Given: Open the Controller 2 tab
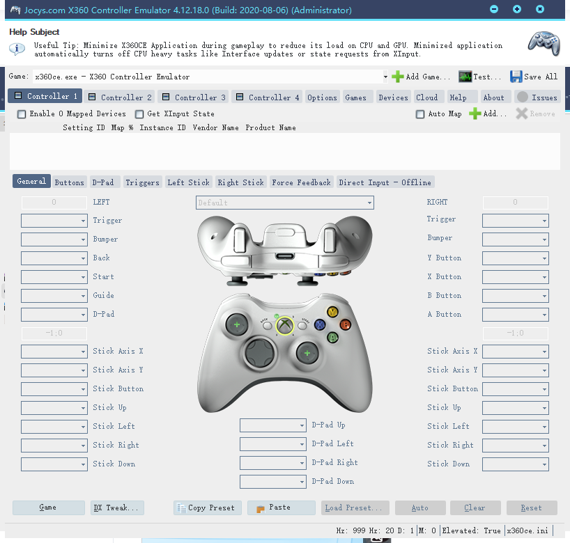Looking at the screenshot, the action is point(121,97).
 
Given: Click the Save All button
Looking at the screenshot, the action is point(534,77).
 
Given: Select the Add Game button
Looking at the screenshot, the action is point(421,77).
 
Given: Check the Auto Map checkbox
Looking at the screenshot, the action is point(420,114).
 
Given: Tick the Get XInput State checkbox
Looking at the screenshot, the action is point(139,114).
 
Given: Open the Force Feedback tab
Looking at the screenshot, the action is point(301,182).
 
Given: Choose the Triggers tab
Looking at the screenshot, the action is point(142,182).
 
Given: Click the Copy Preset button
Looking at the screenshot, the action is point(207,507).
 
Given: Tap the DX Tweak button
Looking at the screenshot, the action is point(117,507).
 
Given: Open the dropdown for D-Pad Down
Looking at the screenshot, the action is point(272,482).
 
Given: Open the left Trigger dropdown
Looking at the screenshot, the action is point(54,221).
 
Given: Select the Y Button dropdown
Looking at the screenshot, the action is point(516,258).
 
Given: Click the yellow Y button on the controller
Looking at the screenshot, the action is point(332,312).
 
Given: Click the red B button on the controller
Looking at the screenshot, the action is point(345,324).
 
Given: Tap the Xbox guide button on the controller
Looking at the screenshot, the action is point(284,325).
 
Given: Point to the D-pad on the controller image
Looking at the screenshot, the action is point(259,352).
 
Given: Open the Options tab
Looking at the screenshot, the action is point(322,97).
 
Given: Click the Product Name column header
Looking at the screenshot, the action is point(270,127).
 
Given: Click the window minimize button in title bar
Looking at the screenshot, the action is point(493,10).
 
